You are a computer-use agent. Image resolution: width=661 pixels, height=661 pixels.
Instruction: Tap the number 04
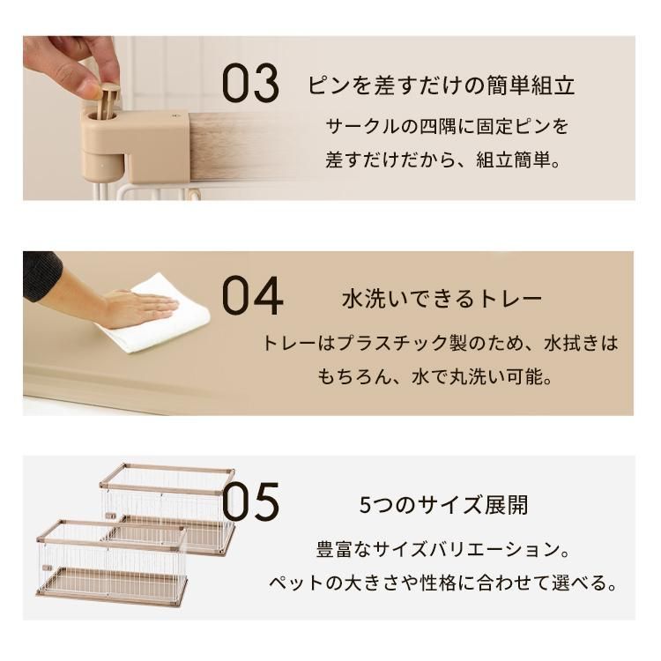pyautogui.click(x=252, y=296)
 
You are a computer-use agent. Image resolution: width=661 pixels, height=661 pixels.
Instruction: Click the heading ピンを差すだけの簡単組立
pyautogui.click(x=442, y=86)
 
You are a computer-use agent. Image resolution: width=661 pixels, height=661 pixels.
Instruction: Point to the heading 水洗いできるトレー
pyautogui.click(x=442, y=299)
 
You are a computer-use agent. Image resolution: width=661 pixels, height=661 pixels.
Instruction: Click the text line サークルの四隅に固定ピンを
pyautogui.click(x=447, y=126)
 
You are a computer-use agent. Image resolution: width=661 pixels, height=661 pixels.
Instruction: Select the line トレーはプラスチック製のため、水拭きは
pyautogui.click(x=440, y=342)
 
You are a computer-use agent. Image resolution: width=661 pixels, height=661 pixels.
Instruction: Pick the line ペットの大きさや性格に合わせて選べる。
pyautogui.click(x=442, y=584)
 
